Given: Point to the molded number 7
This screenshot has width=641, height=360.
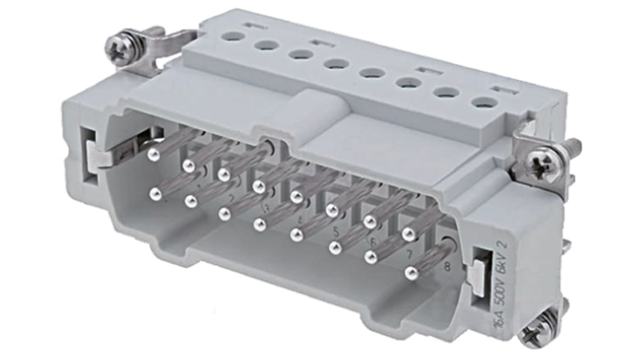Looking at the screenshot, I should pos(409,254).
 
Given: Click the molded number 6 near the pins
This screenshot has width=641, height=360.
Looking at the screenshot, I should pos(373,243).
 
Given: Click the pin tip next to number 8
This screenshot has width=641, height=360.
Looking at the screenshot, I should pos(410,272).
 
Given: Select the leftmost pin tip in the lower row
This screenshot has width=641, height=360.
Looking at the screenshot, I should pos(155,194).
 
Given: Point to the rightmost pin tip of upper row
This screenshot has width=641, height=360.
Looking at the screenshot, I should pos(409,233).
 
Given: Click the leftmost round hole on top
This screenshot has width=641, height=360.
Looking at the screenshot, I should pos(233,36).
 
